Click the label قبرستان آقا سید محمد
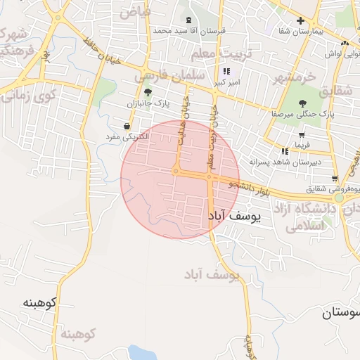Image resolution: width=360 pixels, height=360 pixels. click(188, 31)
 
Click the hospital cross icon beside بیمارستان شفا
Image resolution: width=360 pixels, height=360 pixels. click(301, 20)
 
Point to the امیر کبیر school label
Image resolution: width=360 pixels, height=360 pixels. click(226, 82)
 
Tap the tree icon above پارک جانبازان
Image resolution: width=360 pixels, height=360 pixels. click(148, 92)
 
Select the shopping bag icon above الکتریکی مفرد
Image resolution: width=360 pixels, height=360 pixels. click(126, 126)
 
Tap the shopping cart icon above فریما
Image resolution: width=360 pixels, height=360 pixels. click(301, 135)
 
